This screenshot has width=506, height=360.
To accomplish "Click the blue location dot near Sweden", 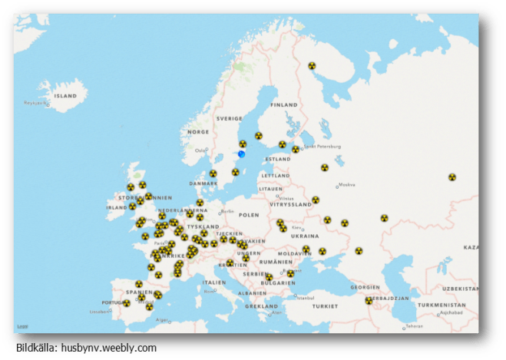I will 241,154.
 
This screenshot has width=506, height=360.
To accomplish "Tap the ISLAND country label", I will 65,96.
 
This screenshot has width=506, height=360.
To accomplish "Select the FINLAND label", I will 283,104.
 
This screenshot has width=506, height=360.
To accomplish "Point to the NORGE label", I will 198,131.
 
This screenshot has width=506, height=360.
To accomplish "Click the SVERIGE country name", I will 229,119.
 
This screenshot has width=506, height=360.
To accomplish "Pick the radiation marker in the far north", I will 312,66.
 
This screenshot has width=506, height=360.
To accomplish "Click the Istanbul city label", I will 305,298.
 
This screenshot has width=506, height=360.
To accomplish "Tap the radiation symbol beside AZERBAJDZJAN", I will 369,301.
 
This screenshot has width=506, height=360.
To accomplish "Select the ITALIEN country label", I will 214,282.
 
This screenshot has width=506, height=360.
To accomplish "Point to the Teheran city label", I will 414,326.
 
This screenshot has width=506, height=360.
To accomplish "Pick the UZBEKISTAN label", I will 465,288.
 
